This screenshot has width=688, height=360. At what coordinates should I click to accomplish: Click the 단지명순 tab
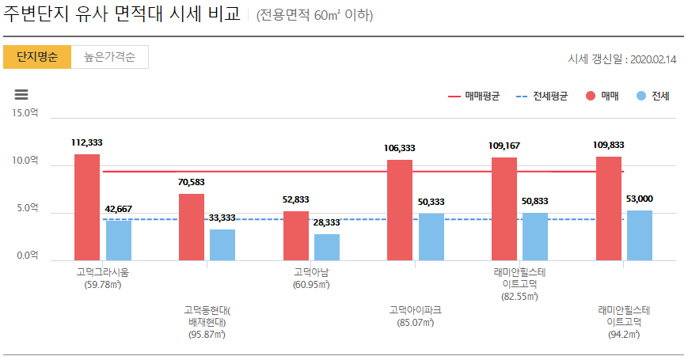37,57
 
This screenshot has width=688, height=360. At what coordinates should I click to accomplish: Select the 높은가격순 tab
110,57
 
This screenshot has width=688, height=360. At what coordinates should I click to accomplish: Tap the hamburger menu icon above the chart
22,94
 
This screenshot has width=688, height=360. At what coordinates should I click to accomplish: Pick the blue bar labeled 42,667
118,241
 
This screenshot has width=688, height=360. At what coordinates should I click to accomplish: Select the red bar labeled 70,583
192,227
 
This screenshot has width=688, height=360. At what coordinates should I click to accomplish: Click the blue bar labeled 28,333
326,247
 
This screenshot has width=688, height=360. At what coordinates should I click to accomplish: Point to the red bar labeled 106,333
400,210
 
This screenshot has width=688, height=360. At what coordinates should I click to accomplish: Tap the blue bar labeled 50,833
535,237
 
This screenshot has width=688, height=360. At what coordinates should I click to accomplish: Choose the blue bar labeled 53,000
640,235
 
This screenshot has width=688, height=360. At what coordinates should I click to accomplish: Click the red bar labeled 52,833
295,236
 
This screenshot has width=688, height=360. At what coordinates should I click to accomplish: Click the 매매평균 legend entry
475,97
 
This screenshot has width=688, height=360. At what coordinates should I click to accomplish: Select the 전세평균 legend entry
542,97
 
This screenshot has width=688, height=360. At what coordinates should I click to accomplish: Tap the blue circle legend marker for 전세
640,97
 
